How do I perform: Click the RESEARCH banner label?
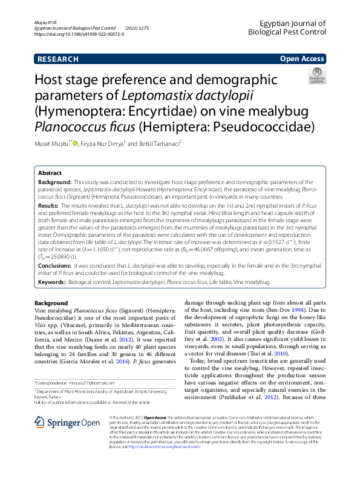pyautogui.click(x=57, y=59)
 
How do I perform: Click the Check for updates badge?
pyautogui.click(x=316, y=76)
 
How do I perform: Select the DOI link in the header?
pyautogui.click(x=79, y=35)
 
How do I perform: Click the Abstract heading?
pyautogui.click(x=50, y=173)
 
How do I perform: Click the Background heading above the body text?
pyautogui.click(x=51, y=303)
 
